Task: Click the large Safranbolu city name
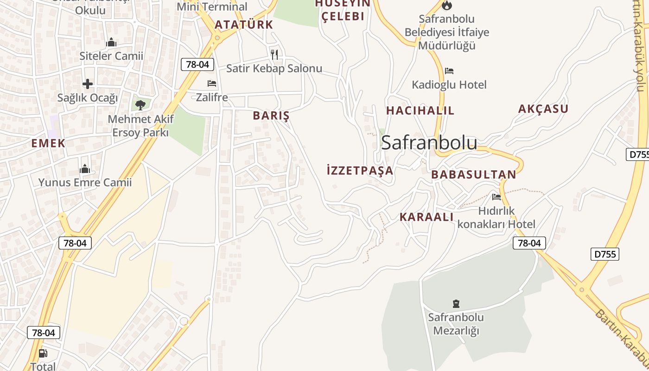point(429,143)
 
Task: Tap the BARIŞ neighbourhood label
point(271,115)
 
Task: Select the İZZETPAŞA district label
point(360,170)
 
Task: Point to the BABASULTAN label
point(473,174)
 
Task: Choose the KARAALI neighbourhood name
point(426,217)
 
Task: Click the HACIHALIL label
point(420,110)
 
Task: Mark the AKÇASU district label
point(543,109)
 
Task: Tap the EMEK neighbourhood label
point(48,143)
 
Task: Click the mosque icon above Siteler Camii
point(111,43)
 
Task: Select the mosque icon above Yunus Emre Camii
point(85,169)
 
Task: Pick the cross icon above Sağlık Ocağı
point(88,84)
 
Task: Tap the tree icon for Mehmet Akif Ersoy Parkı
point(140,105)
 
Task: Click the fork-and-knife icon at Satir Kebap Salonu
point(274,55)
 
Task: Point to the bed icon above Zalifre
point(212,83)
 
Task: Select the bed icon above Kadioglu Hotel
point(449,71)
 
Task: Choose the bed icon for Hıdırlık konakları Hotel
point(496,197)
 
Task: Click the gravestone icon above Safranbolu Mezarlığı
point(456,304)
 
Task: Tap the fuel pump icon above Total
point(43,353)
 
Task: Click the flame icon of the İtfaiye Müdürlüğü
point(446,5)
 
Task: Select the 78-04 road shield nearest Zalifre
point(197,64)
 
